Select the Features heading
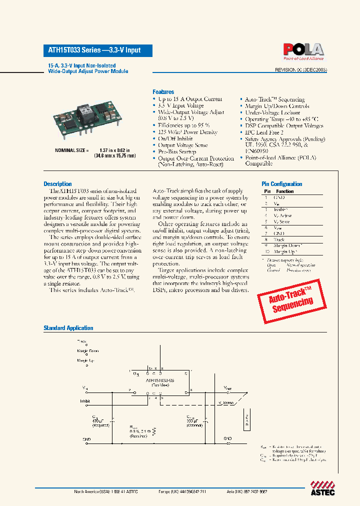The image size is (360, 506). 163,92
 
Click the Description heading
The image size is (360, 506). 57,184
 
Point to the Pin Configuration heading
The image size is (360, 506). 282,184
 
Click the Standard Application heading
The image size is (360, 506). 68,328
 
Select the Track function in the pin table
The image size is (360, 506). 279,239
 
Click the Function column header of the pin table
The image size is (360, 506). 284,191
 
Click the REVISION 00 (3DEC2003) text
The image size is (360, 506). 300,70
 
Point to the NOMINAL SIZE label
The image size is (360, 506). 71,150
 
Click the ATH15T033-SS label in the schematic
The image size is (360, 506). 160,380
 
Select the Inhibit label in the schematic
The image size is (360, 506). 84,401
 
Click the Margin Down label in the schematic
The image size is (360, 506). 87,351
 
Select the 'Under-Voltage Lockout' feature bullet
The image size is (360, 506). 272,112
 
